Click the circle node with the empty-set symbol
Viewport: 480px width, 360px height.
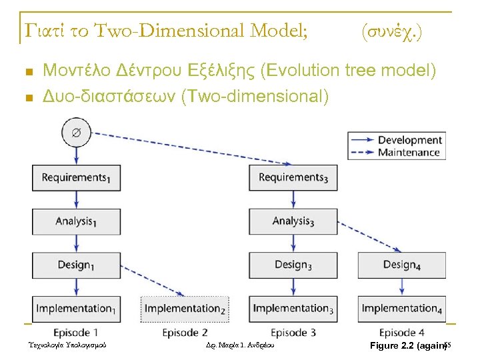(76, 133)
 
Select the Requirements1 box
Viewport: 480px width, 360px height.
(75, 177)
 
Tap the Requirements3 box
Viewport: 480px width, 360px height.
(293, 177)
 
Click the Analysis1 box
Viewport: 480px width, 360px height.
(75, 221)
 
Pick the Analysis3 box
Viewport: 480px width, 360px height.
(293, 221)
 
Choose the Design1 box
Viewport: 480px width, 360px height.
(75, 265)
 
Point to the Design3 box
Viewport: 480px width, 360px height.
(293, 265)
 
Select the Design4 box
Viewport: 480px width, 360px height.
(401, 265)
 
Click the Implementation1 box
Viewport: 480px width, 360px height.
(75, 308)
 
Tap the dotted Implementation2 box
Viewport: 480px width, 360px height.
(185, 308)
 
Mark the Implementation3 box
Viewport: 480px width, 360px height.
(293, 308)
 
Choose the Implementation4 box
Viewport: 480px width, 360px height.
(401, 308)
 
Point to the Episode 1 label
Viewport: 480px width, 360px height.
(76, 332)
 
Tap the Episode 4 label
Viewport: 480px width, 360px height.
(402, 332)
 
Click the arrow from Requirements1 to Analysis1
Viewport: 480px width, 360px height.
(76, 199)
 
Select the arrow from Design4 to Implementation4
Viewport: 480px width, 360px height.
(402, 287)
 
